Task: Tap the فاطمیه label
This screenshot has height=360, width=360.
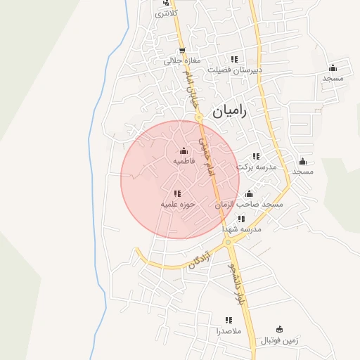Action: (x=184, y=161)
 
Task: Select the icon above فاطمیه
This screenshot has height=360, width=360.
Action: (x=184, y=150)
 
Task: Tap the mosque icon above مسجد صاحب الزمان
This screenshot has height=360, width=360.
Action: (x=248, y=193)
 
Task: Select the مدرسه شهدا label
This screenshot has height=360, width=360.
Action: (x=242, y=229)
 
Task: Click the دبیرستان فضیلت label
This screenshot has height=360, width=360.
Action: (x=235, y=70)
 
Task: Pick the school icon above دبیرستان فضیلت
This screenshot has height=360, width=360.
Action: (x=234, y=59)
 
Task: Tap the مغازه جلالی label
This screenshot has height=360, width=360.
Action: (x=182, y=61)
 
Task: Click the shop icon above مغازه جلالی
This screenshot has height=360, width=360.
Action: (x=182, y=50)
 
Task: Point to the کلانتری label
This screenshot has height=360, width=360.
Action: (x=166, y=13)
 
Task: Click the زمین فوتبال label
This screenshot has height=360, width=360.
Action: (x=280, y=340)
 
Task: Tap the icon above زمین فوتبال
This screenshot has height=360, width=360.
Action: (x=280, y=329)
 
